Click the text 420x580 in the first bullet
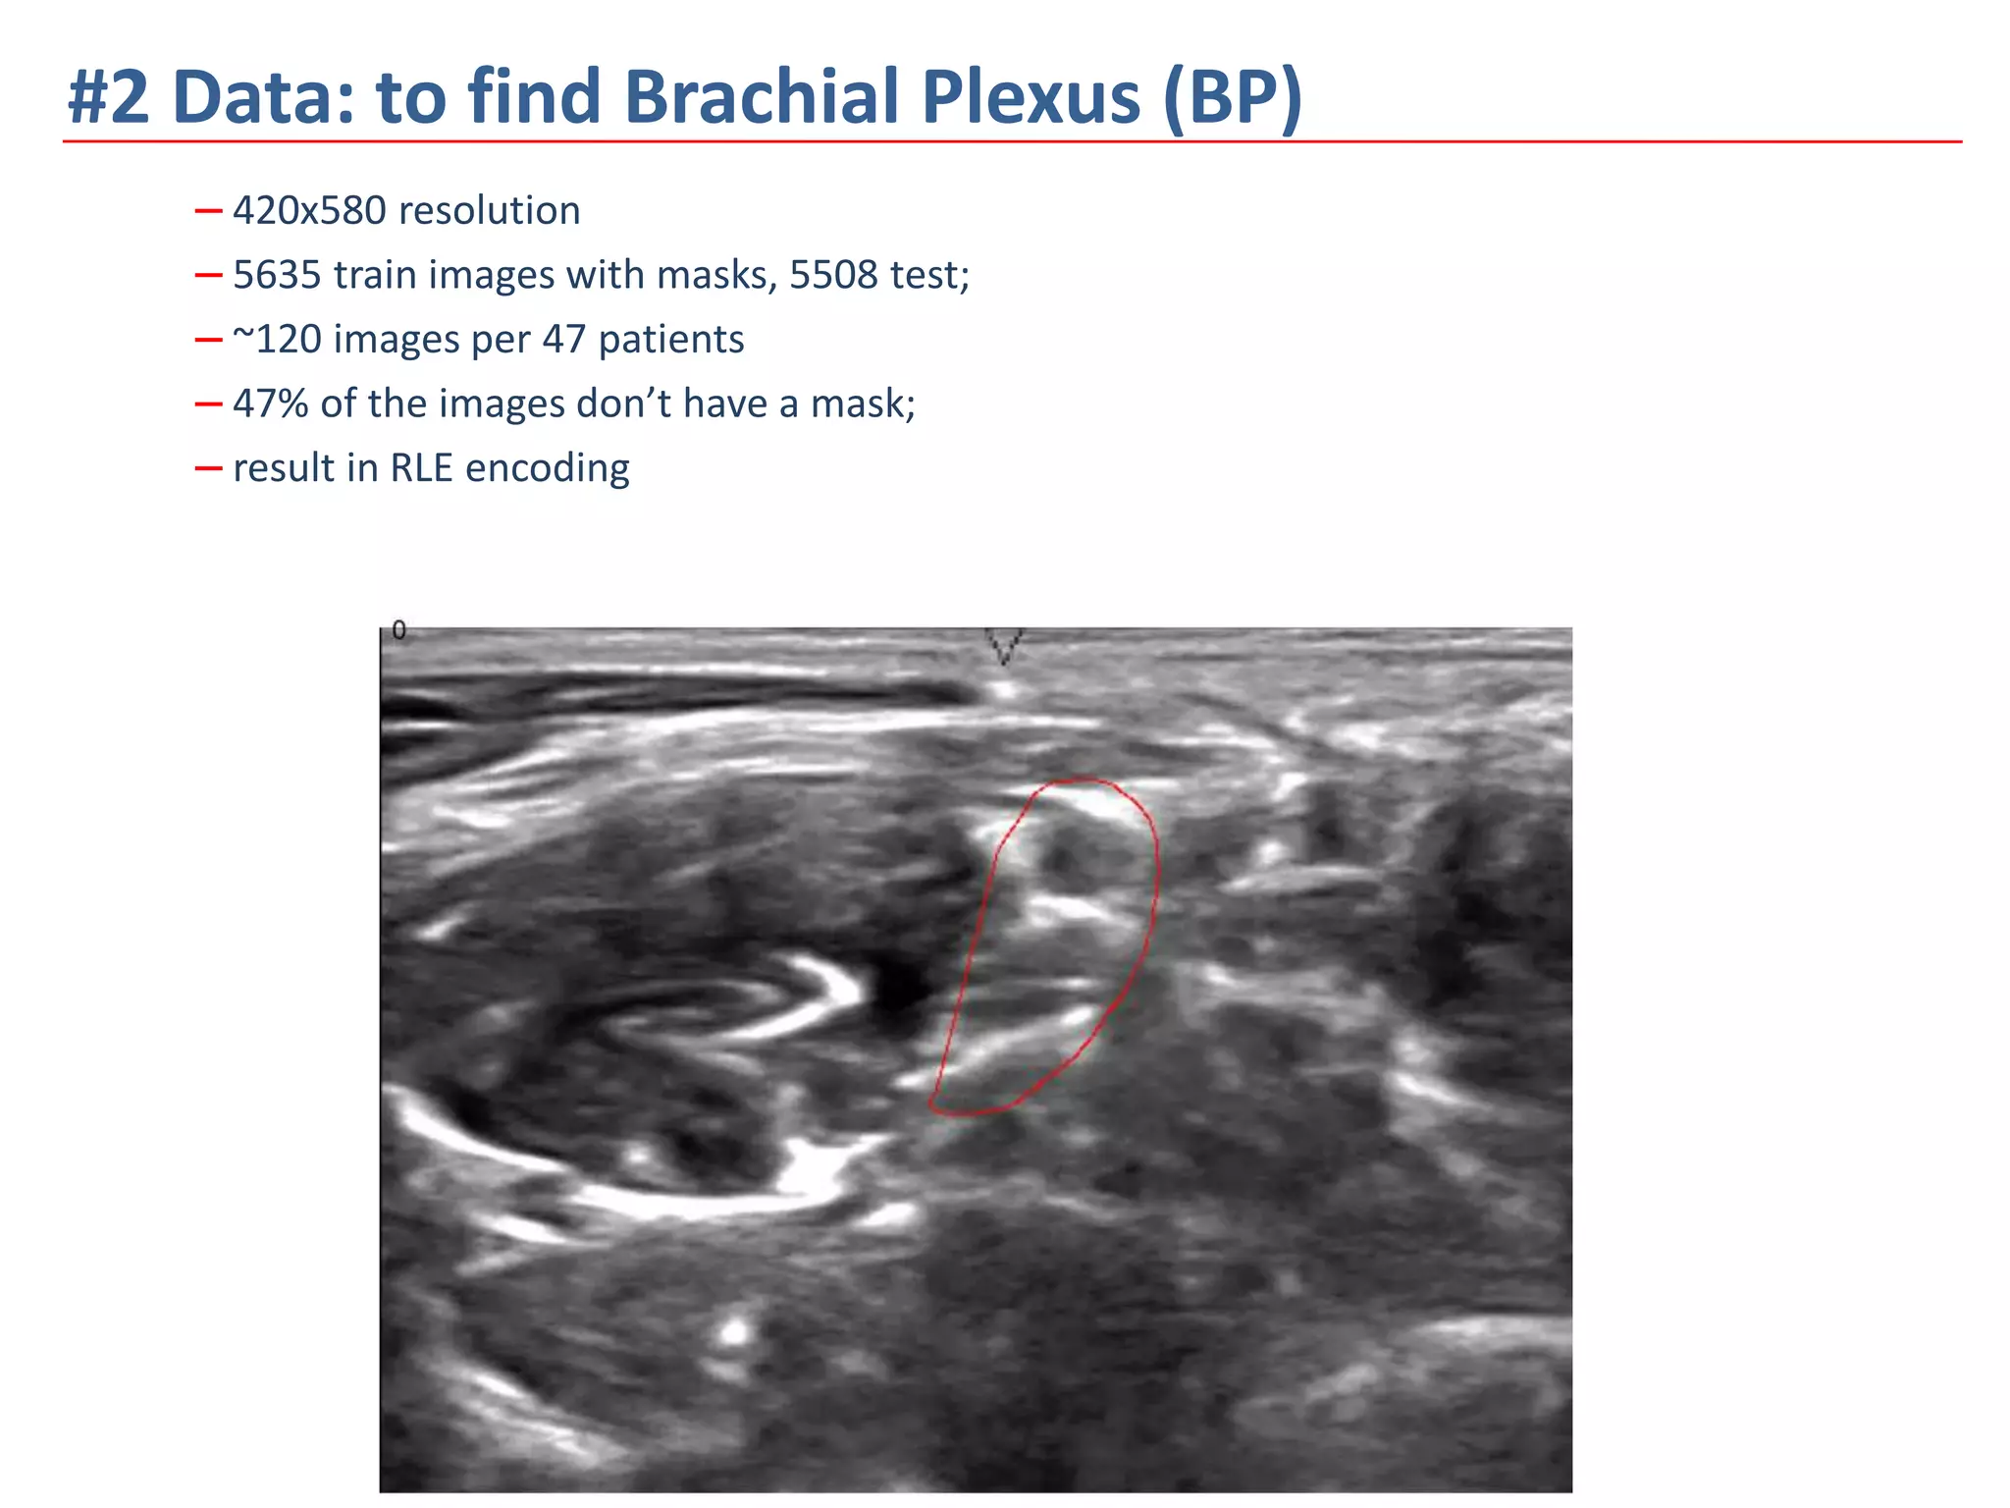coord(309,211)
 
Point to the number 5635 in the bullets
coord(277,275)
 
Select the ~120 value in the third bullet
coord(277,340)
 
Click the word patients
coord(671,340)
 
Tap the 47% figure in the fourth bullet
coord(271,404)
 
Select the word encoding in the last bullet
coord(547,468)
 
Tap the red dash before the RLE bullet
coord(208,469)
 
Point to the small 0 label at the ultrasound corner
coord(398,630)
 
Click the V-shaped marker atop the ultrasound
coord(1004,646)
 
